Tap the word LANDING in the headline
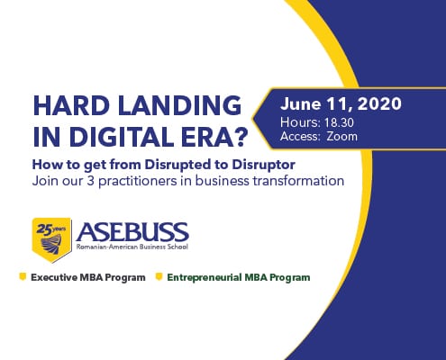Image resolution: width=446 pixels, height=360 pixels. (x=180, y=105)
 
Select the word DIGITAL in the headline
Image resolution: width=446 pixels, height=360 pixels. (x=120, y=137)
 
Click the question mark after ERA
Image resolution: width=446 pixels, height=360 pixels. (x=241, y=137)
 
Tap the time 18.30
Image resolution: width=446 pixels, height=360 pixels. (x=339, y=122)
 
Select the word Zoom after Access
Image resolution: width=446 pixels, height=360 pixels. (x=342, y=137)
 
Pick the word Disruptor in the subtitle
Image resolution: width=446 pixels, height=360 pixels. (x=263, y=166)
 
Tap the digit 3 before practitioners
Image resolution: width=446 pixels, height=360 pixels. (x=90, y=181)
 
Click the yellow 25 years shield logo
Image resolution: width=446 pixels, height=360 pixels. (x=52, y=239)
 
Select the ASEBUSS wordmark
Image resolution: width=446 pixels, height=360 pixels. (x=132, y=232)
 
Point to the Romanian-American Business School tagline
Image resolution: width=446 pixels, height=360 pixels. (x=132, y=247)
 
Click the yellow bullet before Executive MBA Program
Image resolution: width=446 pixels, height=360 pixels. (x=23, y=276)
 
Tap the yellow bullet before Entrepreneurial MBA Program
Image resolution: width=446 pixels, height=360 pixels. (x=159, y=276)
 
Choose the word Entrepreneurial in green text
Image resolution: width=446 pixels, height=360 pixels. (x=205, y=277)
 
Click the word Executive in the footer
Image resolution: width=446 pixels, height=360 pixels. (x=54, y=277)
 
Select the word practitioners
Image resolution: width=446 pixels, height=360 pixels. (x=138, y=182)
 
